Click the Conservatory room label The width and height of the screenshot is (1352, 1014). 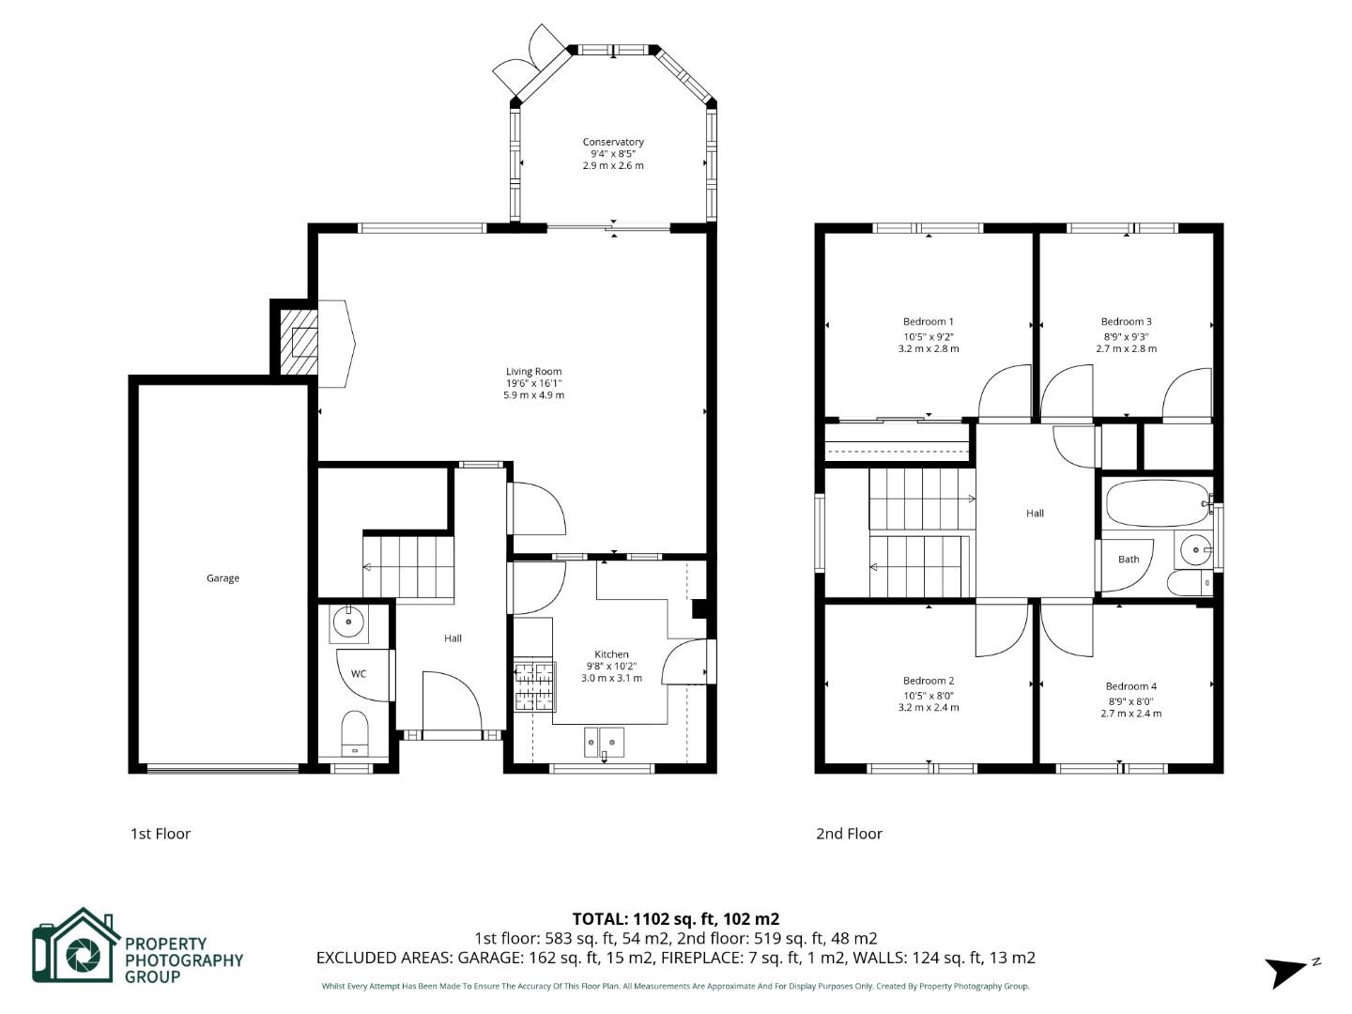613,142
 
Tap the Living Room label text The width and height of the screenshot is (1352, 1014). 533,372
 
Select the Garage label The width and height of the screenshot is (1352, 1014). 223,578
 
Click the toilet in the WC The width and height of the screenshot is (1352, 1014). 354,733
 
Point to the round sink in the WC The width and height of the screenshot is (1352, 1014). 349,622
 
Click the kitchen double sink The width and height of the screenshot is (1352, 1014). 604,741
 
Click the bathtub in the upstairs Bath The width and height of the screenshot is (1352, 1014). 1158,504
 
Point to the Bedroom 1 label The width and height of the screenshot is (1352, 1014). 929,322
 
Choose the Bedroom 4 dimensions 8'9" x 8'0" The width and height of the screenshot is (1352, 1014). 1130,700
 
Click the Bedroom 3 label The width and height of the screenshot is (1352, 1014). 1126,322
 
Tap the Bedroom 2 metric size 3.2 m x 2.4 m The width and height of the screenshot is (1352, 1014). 929,708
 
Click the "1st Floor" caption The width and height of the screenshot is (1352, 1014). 161,834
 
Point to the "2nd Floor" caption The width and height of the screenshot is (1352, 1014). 849,834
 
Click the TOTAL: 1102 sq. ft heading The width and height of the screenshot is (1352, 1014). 676,919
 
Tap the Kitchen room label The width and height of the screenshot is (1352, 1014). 611,654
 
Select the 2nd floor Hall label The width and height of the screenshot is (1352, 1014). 1035,514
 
